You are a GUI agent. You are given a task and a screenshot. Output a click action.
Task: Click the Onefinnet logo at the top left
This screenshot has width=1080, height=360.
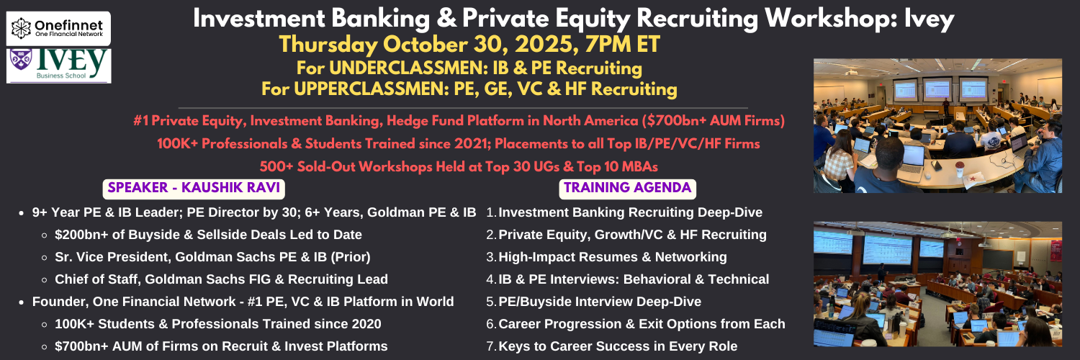click(x=58, y=28)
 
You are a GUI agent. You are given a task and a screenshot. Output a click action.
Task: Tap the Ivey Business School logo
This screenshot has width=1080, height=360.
click(x=59, y=66)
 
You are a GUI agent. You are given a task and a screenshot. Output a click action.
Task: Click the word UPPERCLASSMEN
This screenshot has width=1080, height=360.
click(x=371, y=89)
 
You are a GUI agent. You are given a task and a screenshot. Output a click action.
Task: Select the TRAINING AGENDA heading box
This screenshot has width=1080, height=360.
click(x=627, y=189)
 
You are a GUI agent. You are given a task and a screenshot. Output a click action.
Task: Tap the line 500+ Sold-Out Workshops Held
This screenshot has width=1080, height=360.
click(x=459, y=167)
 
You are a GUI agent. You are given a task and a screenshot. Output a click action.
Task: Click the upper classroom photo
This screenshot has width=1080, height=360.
click(x=937, y=126)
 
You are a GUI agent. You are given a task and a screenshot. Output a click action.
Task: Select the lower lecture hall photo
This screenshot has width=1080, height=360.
click(x=937, y=284)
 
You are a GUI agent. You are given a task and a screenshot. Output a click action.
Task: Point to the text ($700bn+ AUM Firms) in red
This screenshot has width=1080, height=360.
click(x=713, y=120)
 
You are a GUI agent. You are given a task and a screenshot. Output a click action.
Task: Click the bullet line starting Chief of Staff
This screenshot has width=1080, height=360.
click(x=221, y=279)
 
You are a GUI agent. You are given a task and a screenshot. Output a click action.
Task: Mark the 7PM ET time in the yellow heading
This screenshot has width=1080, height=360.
click(x=623, y=45)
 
